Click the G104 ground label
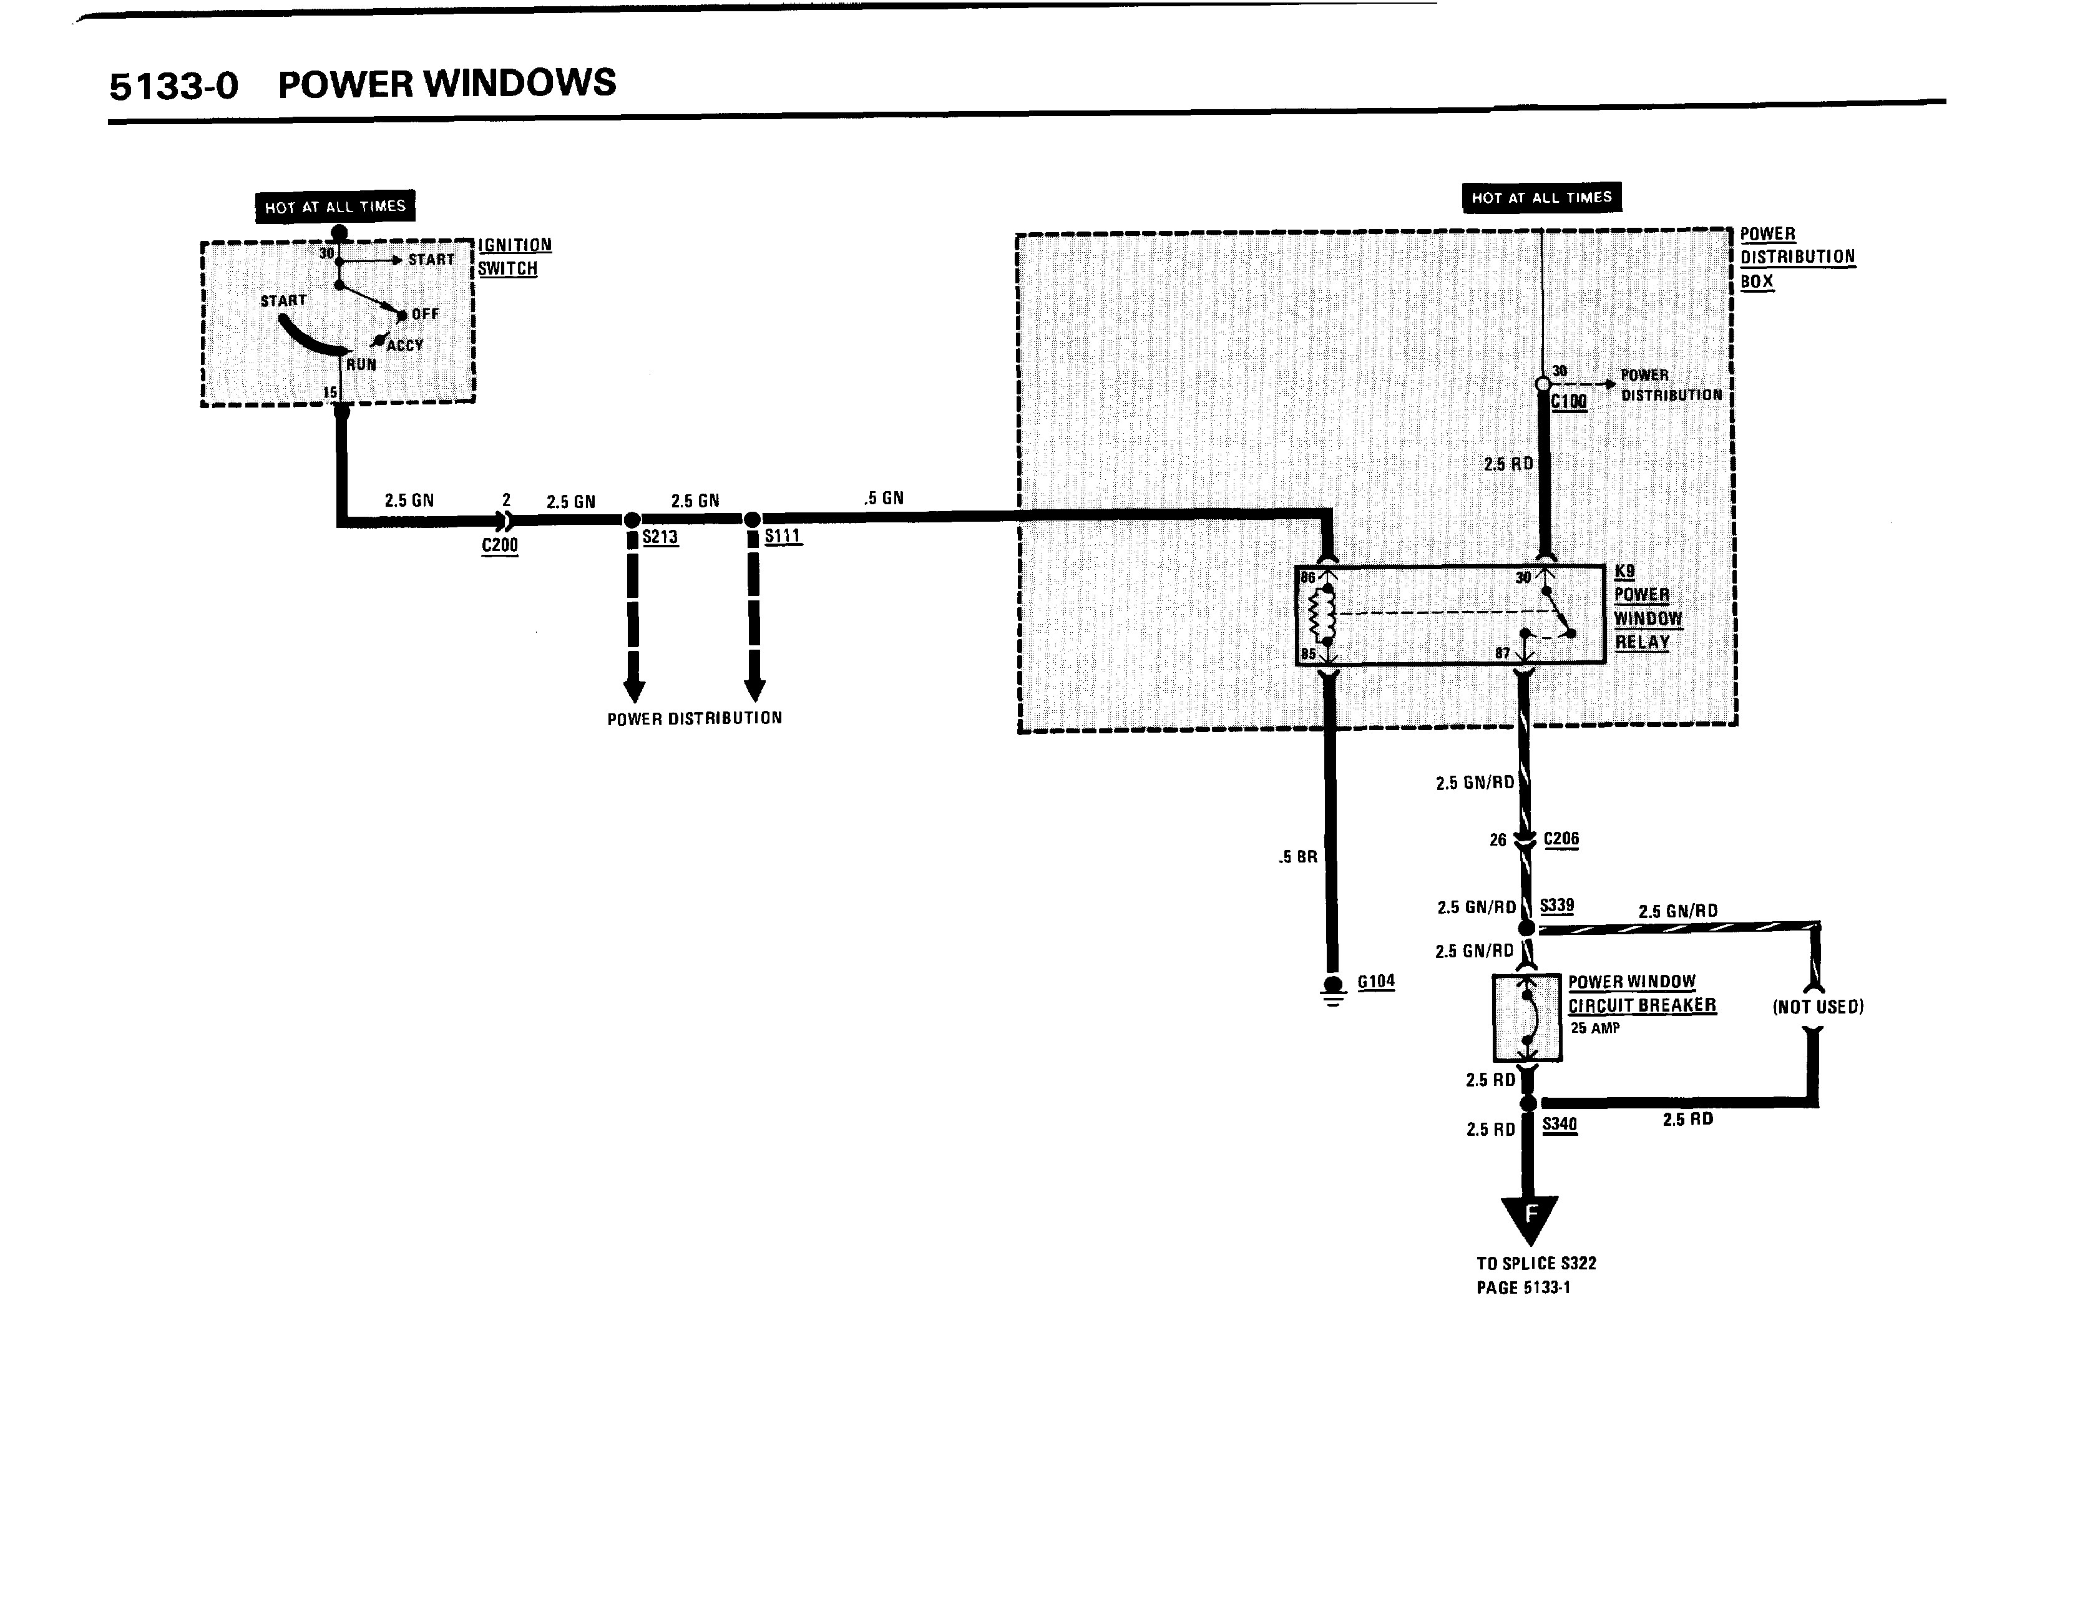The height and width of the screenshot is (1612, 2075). click(1375, 981)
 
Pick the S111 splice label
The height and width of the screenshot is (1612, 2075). click(783, 537)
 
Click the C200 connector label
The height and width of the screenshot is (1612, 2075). click(500, 545)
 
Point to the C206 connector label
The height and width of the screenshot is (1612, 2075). click(1561, 839)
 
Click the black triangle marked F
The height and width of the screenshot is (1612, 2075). click(1530, 1218)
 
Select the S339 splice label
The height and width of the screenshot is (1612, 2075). click(1556, 906)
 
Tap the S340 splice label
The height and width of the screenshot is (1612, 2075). click(1559, 1124)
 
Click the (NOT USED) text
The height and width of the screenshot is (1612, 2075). click(1817, 1007)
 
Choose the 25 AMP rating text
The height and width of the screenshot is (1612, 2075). click(1595, 1028)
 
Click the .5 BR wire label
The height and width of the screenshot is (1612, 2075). click(1298, 857)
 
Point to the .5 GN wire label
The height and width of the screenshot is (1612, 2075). click(884, 498)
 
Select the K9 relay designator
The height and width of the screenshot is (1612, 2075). click(1624, 572)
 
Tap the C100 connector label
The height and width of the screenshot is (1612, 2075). click(1569, 402)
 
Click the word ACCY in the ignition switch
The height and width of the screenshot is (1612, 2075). click(405, 346)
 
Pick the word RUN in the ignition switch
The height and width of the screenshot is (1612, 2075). click(361, 364)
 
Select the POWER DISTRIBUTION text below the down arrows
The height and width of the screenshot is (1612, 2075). click(695, 718)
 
